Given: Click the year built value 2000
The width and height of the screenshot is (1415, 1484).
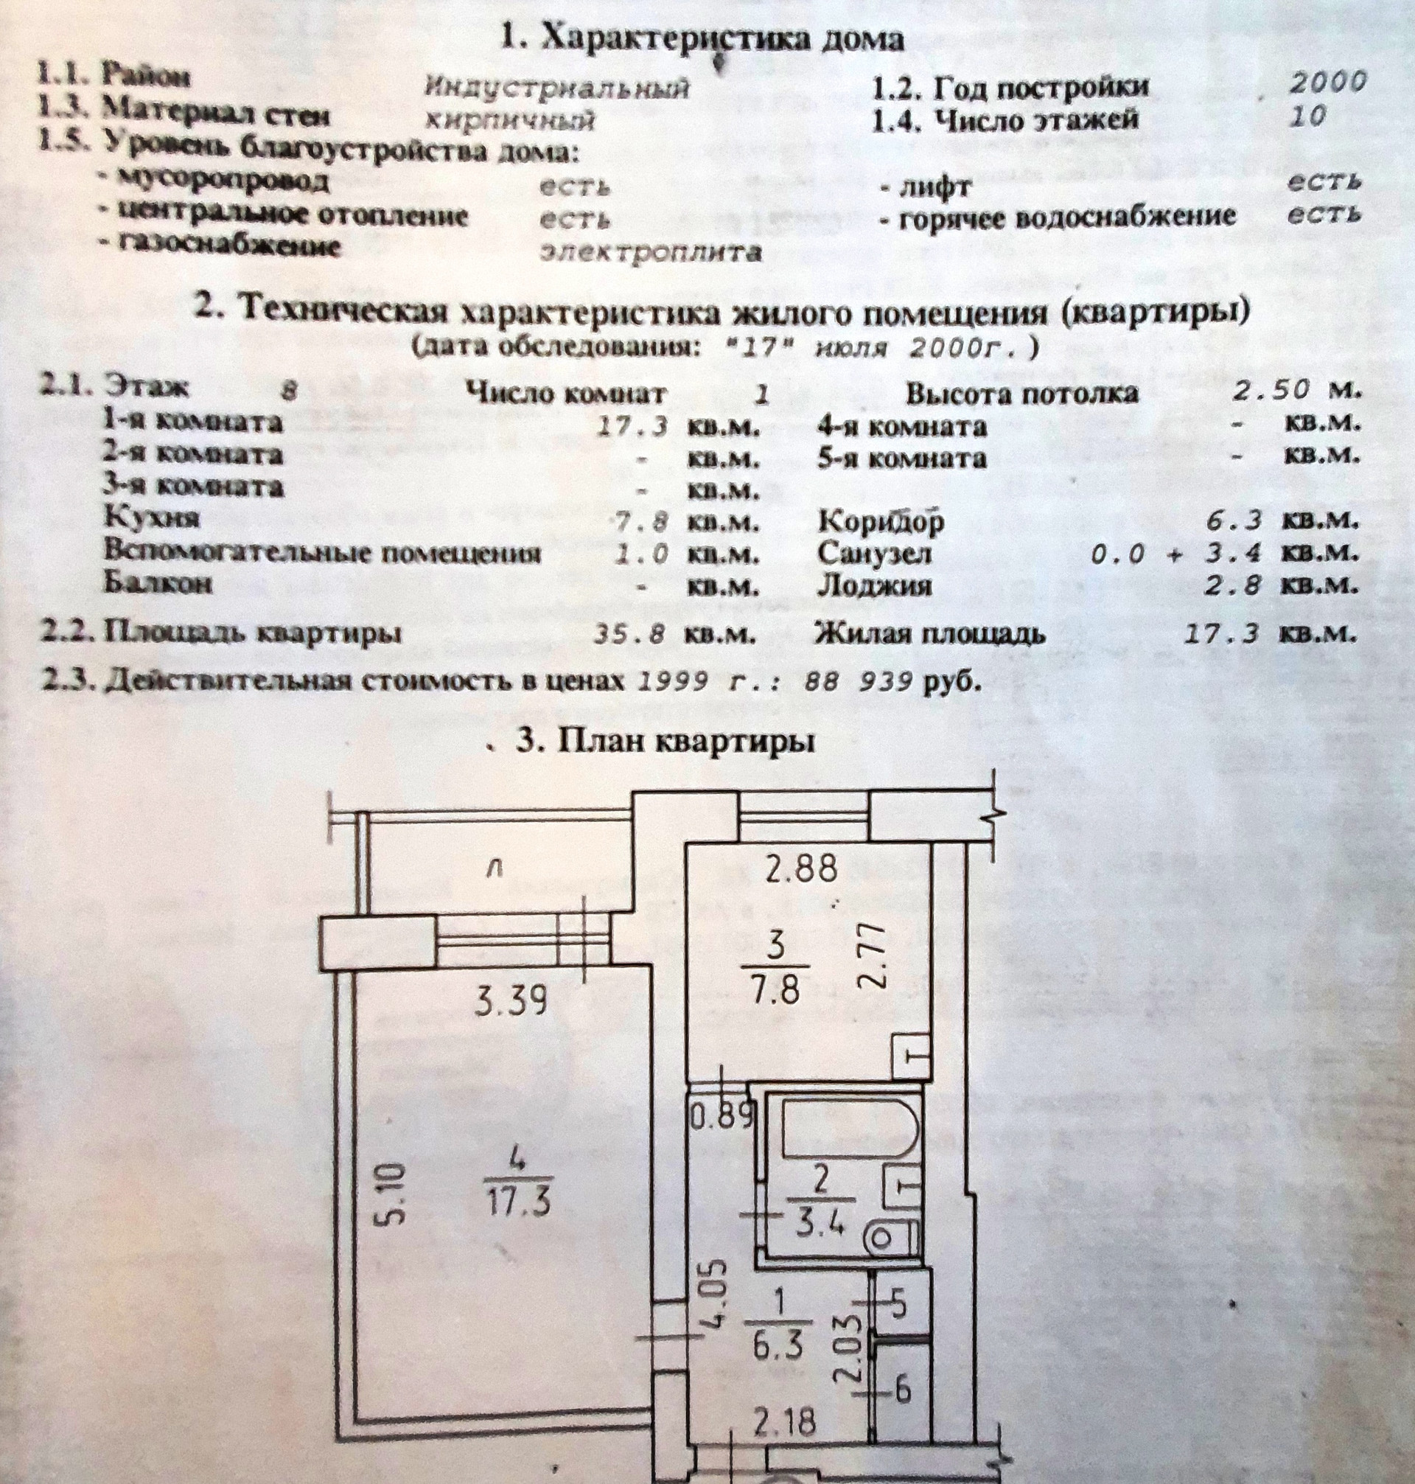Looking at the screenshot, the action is click(x=1328, y=83).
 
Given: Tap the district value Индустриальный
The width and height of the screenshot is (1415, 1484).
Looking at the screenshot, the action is click(x=556, y=88).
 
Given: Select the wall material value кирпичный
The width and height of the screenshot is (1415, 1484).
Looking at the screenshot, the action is click(x=511, y=121).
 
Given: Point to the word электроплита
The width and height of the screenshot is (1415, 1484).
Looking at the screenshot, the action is click(x=651, y=251).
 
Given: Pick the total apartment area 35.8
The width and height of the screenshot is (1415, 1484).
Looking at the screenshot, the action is click(x=629, y=634).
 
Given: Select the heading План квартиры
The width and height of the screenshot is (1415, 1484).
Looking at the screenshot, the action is click(x=665, y=742).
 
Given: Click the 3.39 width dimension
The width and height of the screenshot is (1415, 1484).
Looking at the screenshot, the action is click(x=511, y=1001).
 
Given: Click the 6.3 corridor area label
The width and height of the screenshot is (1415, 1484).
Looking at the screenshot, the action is click(x=778, y=1345).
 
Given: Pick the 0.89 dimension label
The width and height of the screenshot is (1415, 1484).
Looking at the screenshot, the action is click(x=721, y=1115).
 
